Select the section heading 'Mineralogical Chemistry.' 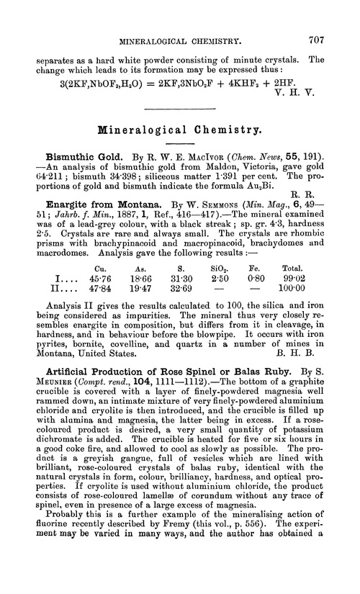pos(180,133)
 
